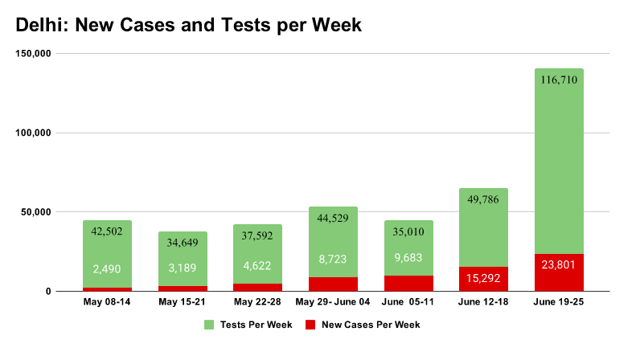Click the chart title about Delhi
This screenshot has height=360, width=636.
coord(189,25)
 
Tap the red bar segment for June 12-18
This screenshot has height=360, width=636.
coord(483,278)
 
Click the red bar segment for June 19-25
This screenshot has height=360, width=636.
coord(559,272)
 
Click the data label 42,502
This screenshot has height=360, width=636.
coord(107,232)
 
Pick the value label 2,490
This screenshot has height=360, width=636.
coord(107,268)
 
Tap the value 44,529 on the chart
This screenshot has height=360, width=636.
coord(334,219)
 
